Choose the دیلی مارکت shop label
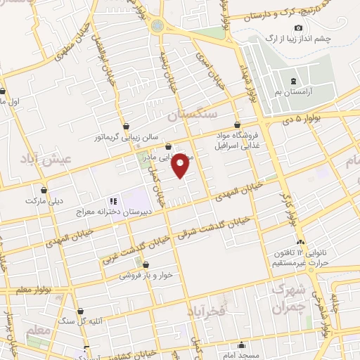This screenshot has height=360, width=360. coord(44,200)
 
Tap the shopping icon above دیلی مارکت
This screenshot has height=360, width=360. coord(44,190)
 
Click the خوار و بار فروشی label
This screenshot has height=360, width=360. coord(146,276)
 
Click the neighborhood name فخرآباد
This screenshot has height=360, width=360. coord(206,310)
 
